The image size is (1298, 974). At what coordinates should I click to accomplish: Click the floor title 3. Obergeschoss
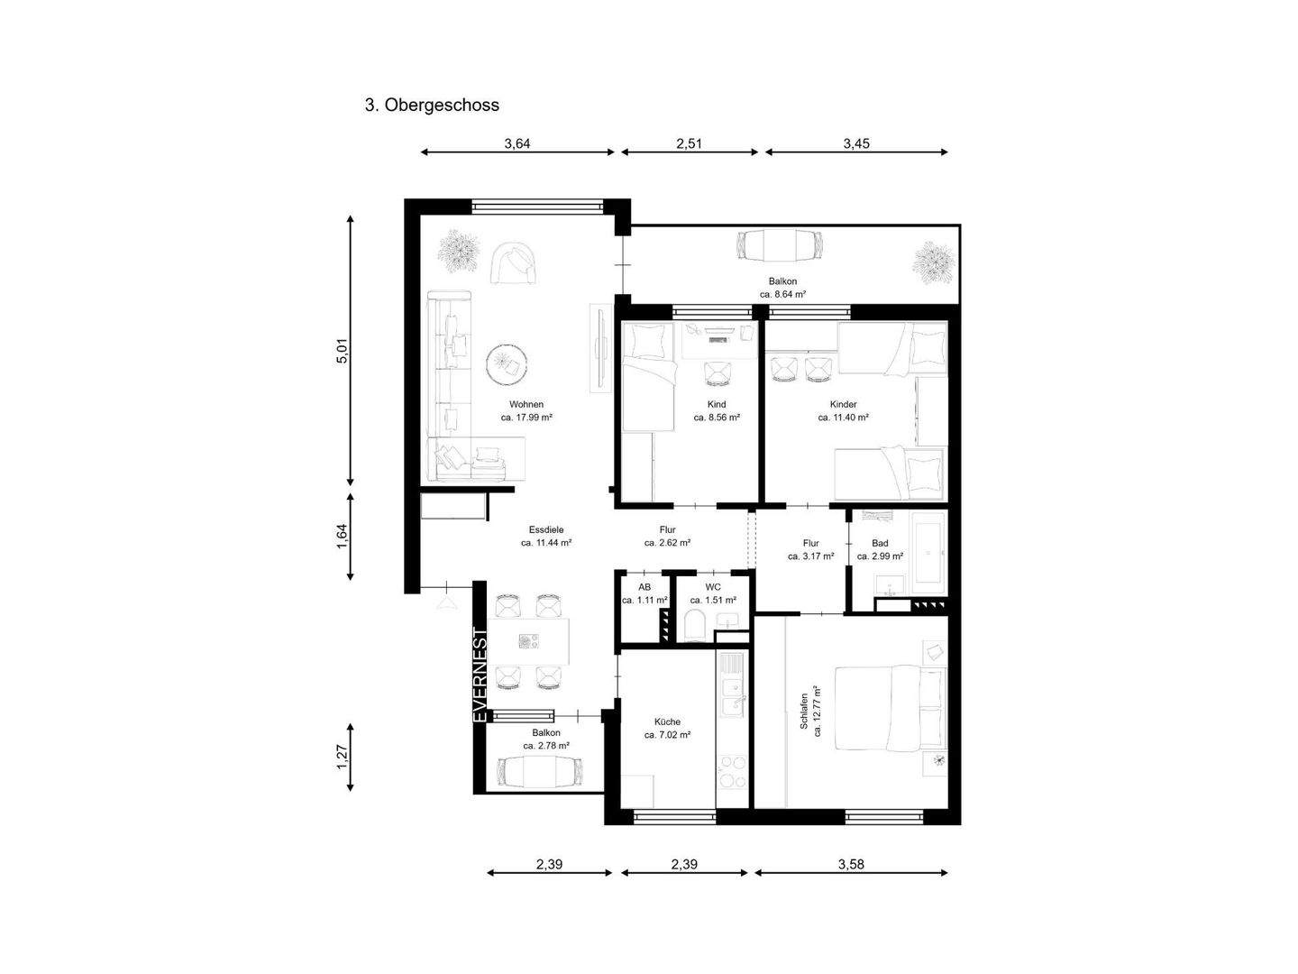pyautogui.click(x=432, y=106)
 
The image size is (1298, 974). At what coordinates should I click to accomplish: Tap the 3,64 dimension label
pyautogui.click(x=516, y=143)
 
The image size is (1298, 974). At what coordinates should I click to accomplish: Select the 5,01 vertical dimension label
pyautogui.click(x=343, y=351)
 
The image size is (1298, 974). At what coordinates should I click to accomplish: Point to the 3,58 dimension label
pyautogui.click(x=850, y=864)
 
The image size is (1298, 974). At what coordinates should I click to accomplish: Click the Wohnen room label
pyautogui.click(x=526, y=405)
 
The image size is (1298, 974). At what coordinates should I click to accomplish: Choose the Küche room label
pyautogui.click(x=667, y=721)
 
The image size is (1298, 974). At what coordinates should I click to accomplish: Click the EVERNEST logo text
pyautogui.click(x=480, y=675)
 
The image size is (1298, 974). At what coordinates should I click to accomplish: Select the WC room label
pyautogui.click(x=713, y=587)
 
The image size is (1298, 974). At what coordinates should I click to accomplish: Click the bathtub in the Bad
pyautogui.click(x=928, y=552)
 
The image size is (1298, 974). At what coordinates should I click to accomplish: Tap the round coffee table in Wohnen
pyautogui.click(x=507, y=364)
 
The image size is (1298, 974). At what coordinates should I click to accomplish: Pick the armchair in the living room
pyautogui.click(x=514, y=263)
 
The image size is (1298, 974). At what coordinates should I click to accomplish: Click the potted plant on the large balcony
pyautogui.click(x=934, y=262)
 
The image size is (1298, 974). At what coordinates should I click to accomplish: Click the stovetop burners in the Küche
pyautogui.click(x=732, y=772)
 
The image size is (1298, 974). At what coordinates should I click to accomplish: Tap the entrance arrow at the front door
pyautogui.click(x=448, y=603)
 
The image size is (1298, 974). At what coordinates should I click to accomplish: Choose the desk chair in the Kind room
pyautogui.click(x=718, y=373)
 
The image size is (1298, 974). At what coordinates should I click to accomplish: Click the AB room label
pyautogui.click(x=644, y=587)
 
